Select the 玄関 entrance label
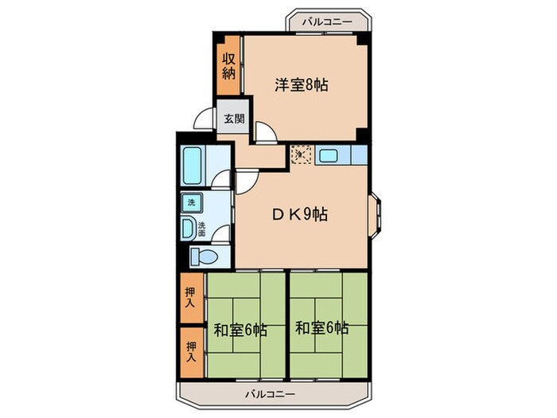[233, 120]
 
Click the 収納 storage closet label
[228, 65]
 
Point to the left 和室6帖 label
[240, 328]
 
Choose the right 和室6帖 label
[322, 328]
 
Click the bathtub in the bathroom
[193, 166]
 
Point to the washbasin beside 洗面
[187, 229]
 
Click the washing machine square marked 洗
[191, 203]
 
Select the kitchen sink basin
[329, 155]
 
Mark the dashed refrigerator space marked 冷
[301, 154]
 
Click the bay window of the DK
[376, 214]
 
